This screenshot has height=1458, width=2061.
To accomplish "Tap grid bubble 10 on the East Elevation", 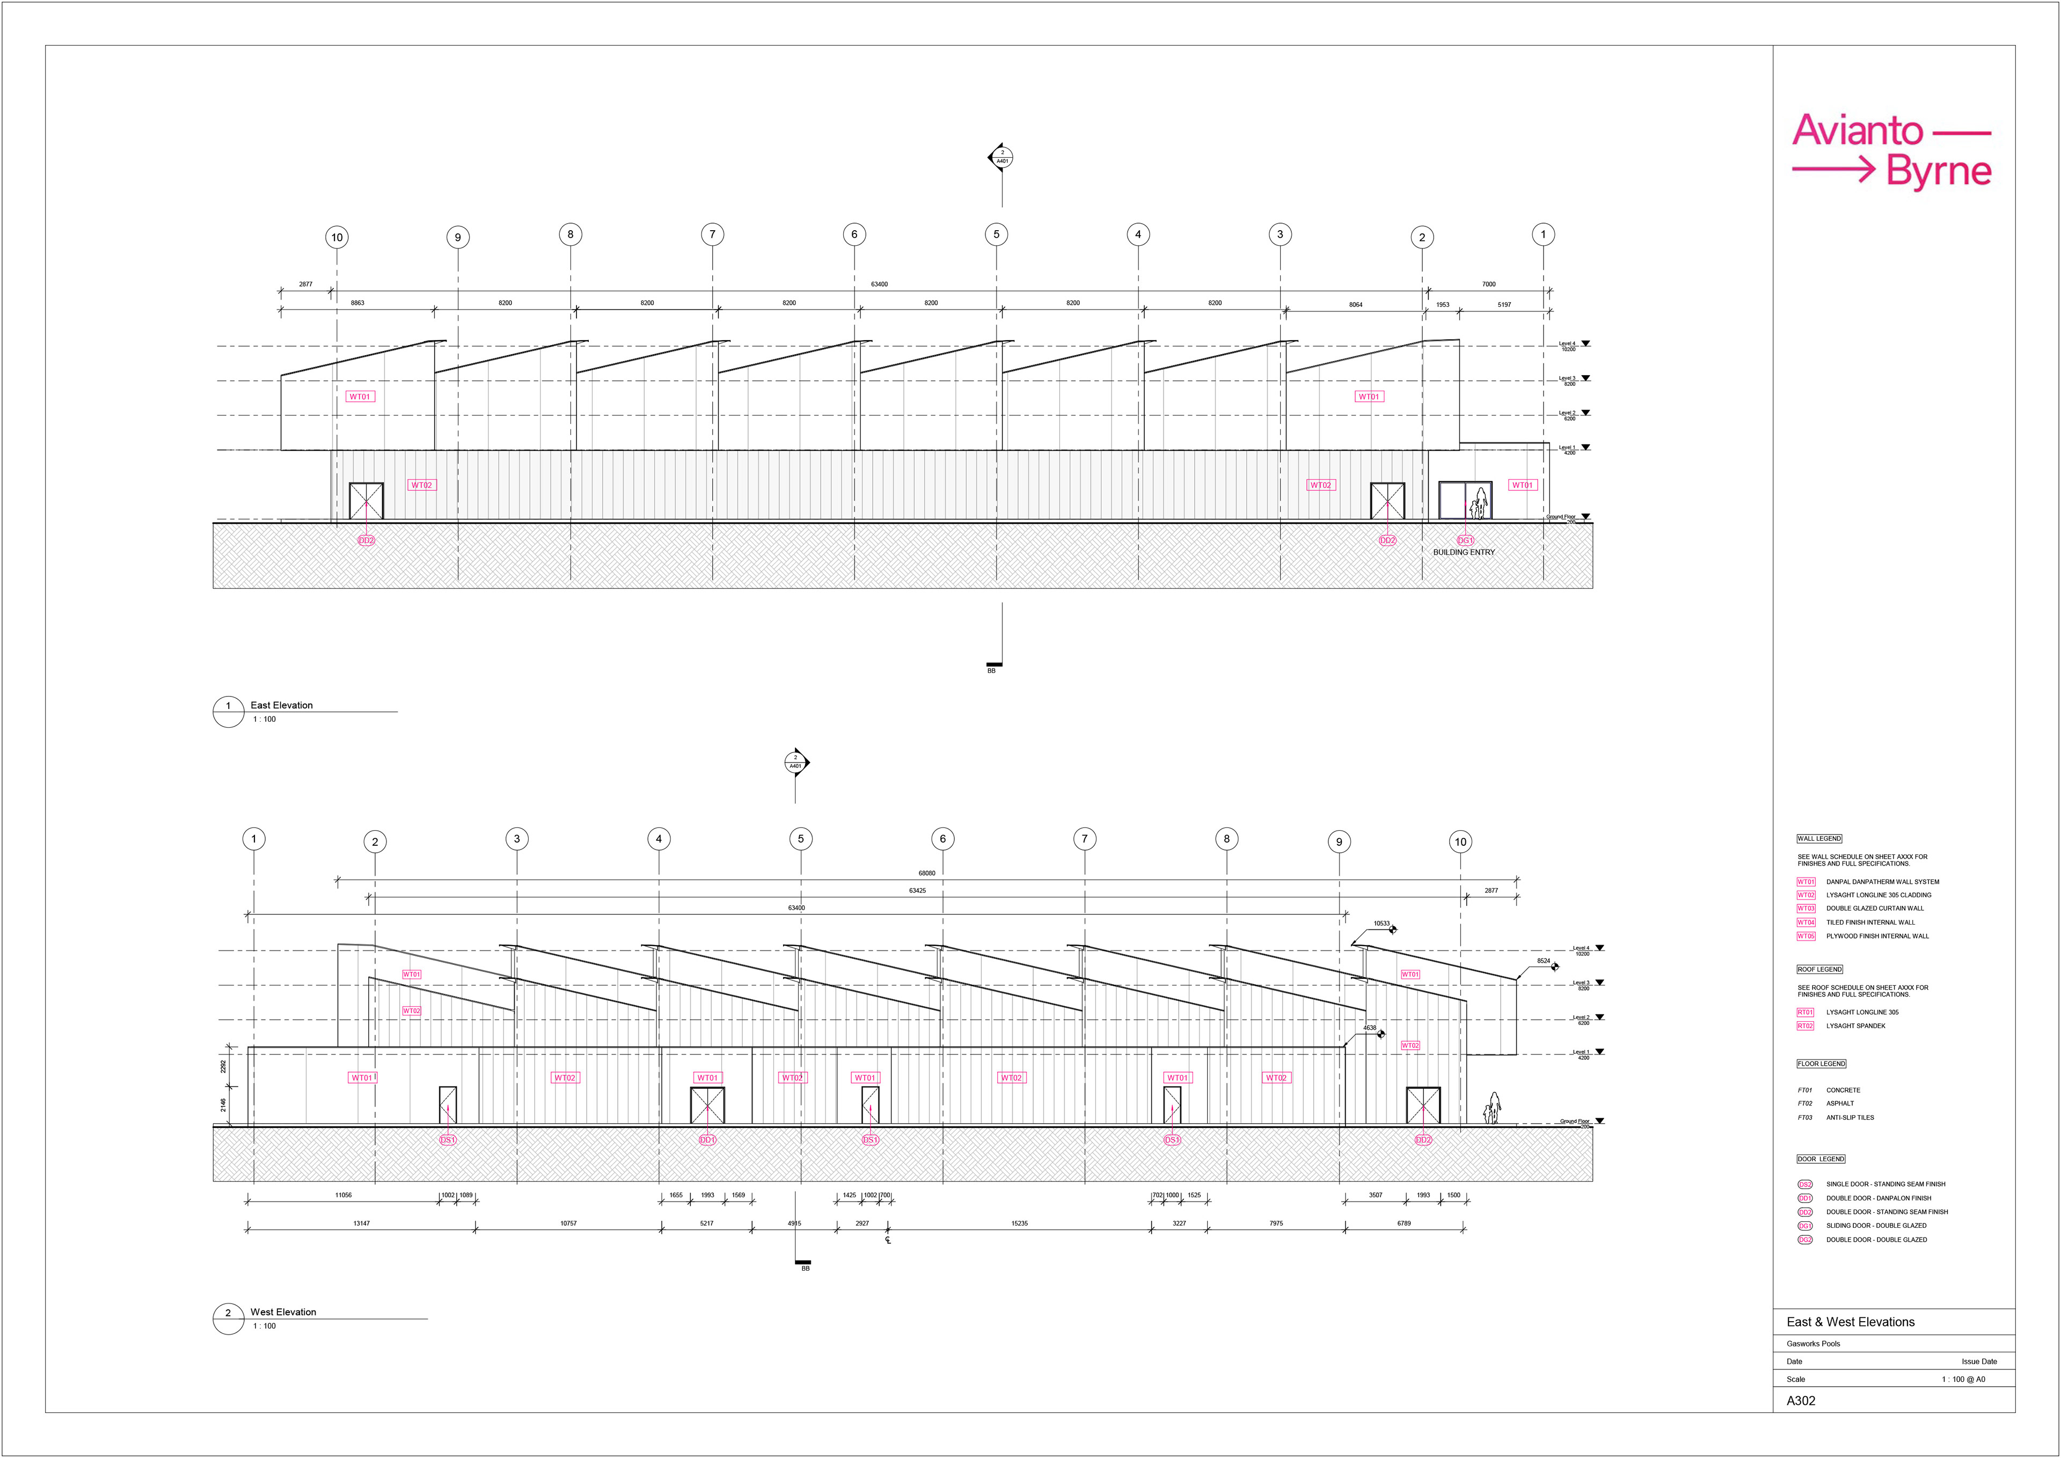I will [x=337, y=238].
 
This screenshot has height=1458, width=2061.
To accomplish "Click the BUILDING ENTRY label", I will [x=1464, y=552].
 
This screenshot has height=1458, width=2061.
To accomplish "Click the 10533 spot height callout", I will [x=1381, y=924].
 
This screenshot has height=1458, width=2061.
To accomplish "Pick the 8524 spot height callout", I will [x=1543, y=961].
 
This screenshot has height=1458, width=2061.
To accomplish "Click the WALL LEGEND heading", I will [x=1818, y=839].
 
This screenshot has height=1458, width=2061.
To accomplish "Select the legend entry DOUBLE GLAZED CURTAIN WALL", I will [x=1875, y=908].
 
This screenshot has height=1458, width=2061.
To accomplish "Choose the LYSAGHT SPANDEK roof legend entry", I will [x=1855, y=1026].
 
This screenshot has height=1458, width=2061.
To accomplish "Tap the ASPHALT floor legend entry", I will [x=1840, y=1103].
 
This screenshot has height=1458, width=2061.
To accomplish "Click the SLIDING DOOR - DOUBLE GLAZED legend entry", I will [x=1876, y=1226].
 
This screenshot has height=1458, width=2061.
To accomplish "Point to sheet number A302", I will [x=1801, y=1401].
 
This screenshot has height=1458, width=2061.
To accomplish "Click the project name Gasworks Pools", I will [x=1813, y=1344].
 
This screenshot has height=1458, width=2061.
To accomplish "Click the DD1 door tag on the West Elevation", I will [x=707, y=1140].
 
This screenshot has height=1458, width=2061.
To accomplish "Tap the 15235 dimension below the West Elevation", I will [x=1019, y=1223].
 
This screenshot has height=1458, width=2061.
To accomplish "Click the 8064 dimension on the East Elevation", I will [x=1355, y=304].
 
